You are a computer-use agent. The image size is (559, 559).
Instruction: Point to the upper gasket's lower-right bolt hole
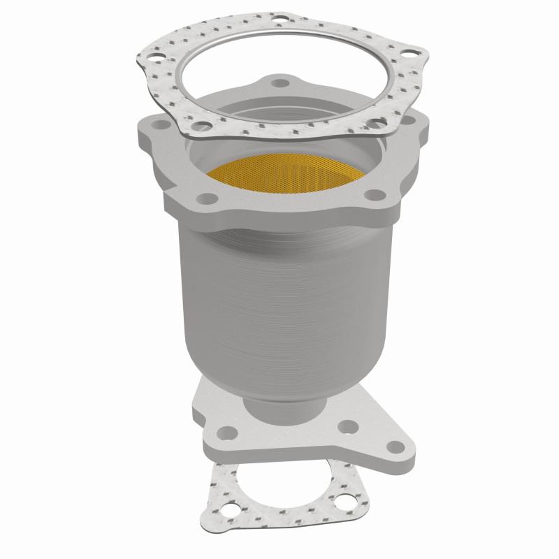(377, 124)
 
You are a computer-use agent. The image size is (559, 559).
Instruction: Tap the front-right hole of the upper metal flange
(372, 194)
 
